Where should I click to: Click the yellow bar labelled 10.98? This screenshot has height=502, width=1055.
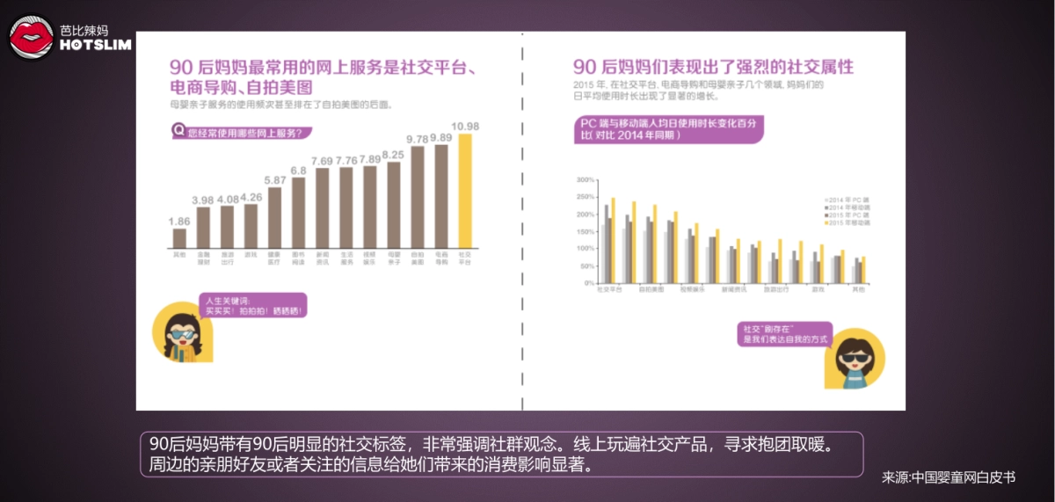(x=464, y=192)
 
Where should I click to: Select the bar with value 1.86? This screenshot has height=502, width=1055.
(x=179, y=238)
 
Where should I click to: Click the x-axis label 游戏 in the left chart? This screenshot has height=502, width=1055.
(x=251, y=254)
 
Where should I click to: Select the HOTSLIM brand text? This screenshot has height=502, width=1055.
(x=96, y=45)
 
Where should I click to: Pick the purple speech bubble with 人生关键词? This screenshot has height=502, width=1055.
(x=255, y=306)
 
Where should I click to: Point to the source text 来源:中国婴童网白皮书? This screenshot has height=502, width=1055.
(x=949, y=477)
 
